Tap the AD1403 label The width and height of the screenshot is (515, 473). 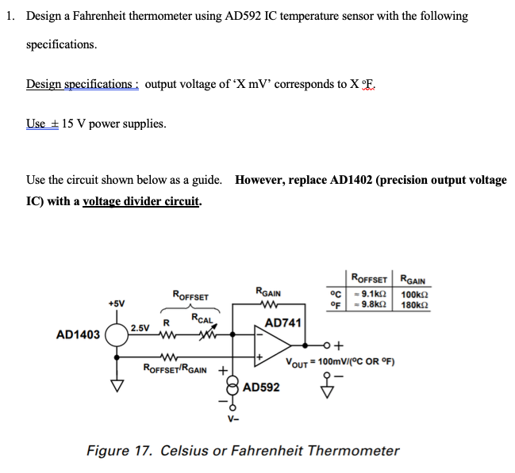78,335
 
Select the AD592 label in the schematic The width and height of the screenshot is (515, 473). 261,388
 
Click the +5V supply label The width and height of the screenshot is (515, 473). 117,303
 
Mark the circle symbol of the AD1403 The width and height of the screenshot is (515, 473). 117,334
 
